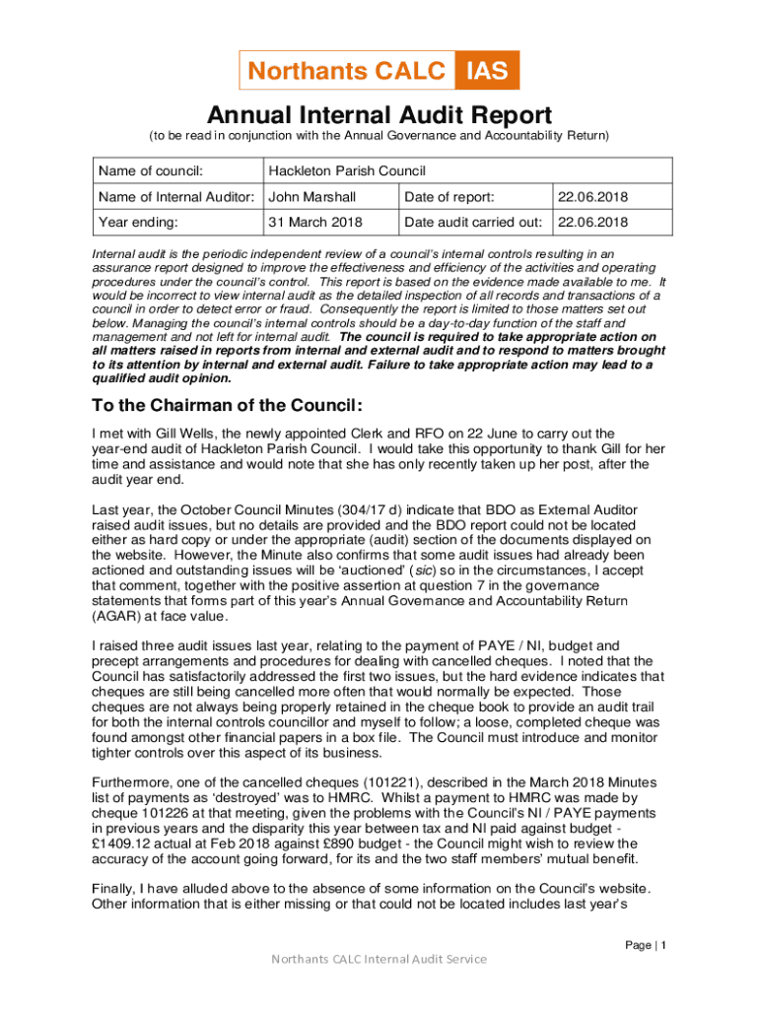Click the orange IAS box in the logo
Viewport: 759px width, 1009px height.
[x=487, y=71]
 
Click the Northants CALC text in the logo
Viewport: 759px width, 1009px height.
[x=347, y=71]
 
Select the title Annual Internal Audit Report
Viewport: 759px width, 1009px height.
[x=379, y=114]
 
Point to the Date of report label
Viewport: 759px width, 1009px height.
[x=449, y=197]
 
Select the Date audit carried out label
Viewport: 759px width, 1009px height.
[x=474, y=223]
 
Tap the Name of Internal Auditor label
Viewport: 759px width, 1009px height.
[x=177, y=197]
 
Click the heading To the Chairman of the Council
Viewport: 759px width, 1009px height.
[x=227, y=406]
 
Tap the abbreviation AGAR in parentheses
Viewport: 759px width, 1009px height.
[x=115, y=617]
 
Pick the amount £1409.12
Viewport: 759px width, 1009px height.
[x=125, y=844]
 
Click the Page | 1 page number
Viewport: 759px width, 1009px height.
[x=647, y=946]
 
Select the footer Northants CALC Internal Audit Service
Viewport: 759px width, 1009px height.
[x=379, y=959]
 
